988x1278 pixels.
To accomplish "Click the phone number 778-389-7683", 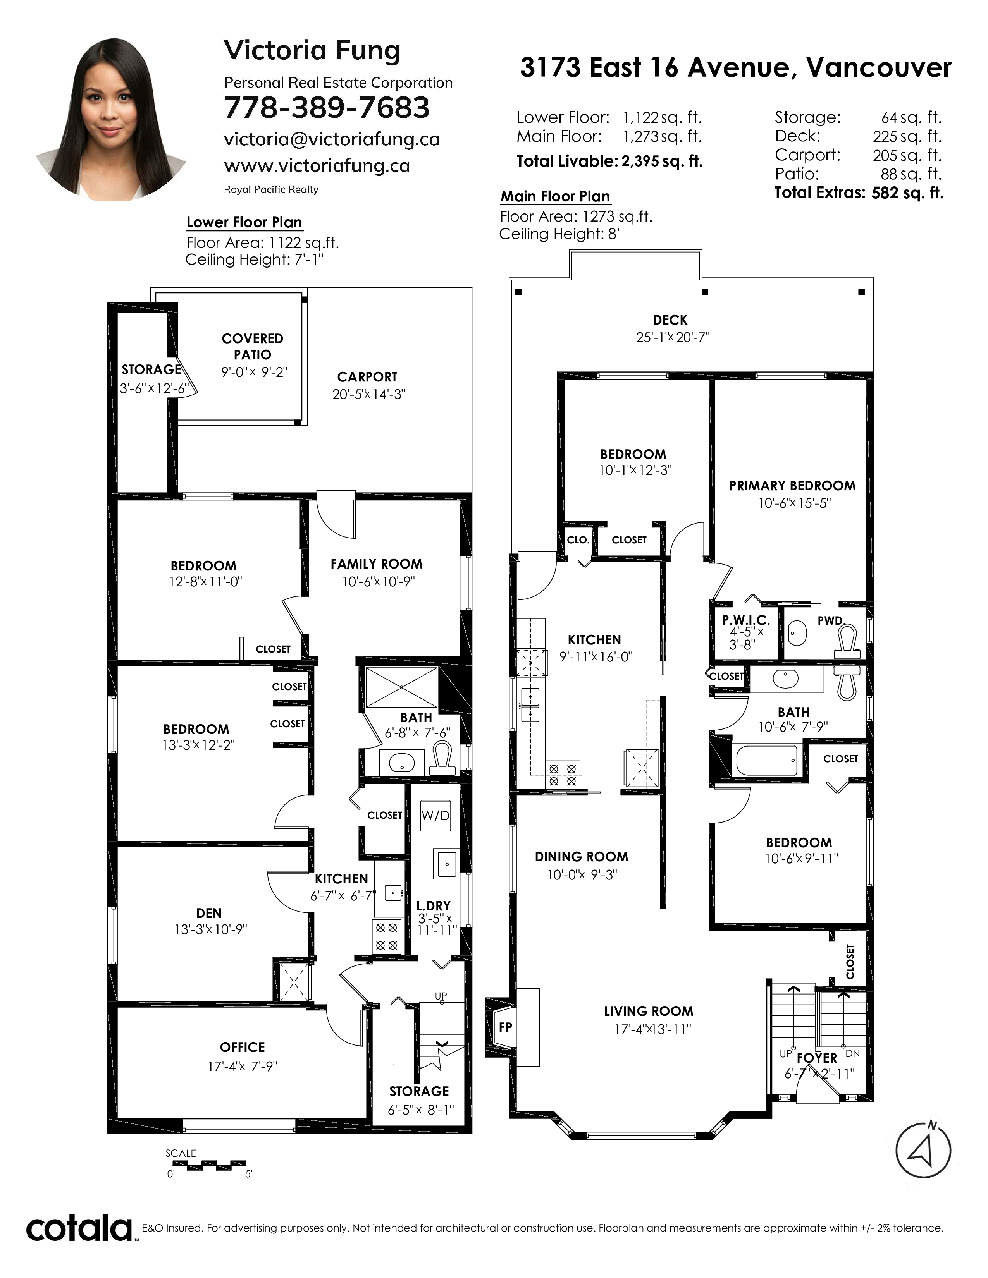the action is pyautogui.click(x=327, y=108).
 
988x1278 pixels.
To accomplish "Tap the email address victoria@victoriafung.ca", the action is pyautogui.click(x=332, y=139).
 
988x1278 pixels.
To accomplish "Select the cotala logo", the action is pyautogui.click(x=79, y=1228).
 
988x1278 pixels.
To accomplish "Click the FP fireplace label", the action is pyautogui.click(x=504, y=1027).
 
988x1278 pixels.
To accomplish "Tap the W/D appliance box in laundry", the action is pyautogui.click(x=435, y=816).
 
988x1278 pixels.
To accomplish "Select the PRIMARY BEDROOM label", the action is pyautogui.click(x=792, y=485).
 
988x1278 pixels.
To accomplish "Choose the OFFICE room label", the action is pyautogui.click(x=242, y=1047).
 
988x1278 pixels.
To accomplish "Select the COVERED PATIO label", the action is pyautogui.click(x=252, y=347).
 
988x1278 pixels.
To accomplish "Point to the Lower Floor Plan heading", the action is pyautogui.click(x=244, y=222).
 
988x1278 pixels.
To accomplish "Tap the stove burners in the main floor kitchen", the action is pyautogui.click(x=563, y=774).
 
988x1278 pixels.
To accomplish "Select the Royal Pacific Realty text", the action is pyautogui.click(x=271, y=190).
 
